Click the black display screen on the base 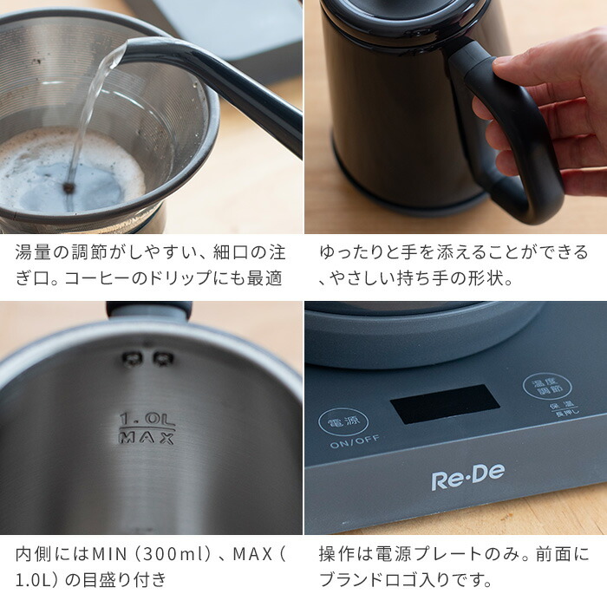(x=444, y=404)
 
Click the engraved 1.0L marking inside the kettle (x=147, y=421)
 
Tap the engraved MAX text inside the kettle (x=147, y=438)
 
